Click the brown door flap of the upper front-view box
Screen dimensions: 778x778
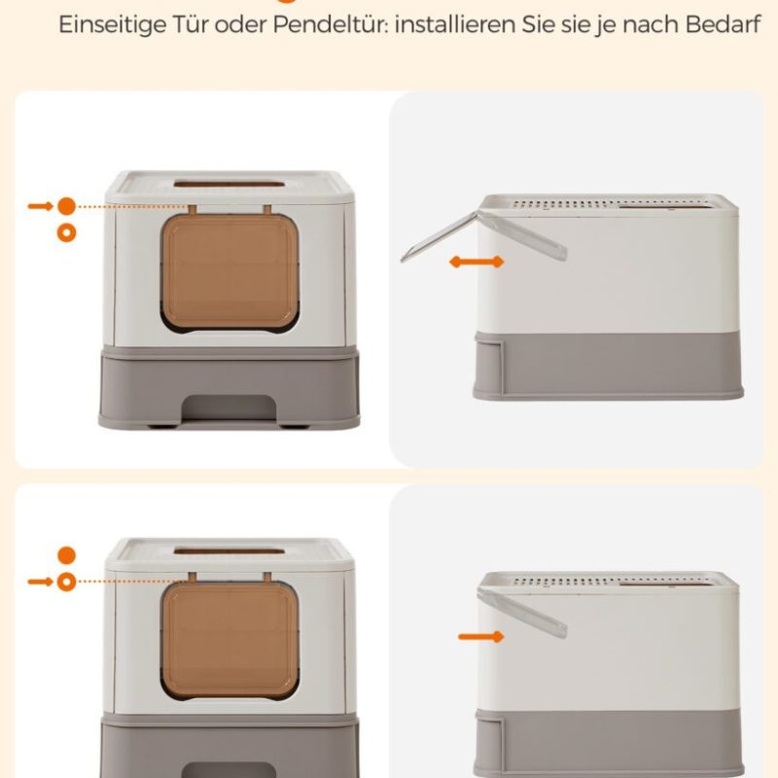pos(230,273)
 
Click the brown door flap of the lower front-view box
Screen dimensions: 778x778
pos(230,641)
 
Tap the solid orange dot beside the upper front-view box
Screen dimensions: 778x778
pos(66,206)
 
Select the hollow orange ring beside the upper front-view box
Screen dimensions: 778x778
pos(66,232)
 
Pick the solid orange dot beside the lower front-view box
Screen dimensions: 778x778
pos(66,555)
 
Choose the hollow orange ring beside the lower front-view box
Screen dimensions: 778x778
pos(66,582)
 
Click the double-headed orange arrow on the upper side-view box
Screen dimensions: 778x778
pos(477,262)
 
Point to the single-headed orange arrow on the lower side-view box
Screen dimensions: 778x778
pos(480,636)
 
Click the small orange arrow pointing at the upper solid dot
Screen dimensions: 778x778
pos(40,206)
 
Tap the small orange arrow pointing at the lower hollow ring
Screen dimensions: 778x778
pos(40,582)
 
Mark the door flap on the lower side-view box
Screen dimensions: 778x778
pos(522,613)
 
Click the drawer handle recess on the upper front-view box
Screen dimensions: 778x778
pos(229,408)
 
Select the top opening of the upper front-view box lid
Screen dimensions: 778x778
pos(229,184)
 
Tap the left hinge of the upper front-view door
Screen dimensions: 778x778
pos(192,210)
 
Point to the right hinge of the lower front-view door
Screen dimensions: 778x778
pos(267,577)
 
